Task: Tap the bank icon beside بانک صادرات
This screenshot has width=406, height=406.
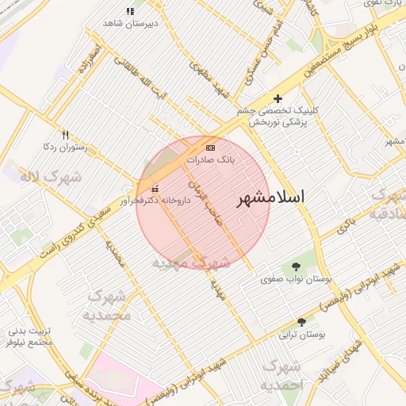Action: [x=210, y=148]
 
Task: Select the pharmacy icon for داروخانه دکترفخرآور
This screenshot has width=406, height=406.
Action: [x=154, y=189]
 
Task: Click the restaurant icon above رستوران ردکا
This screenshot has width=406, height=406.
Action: [x=66, y=135]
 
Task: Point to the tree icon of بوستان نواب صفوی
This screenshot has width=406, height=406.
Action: [x=297, y=267]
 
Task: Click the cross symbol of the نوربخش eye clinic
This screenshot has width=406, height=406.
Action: [x=277, y=98]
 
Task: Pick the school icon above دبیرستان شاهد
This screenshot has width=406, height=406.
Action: [x=130, y=11]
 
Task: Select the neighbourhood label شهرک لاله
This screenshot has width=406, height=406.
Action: [x=51, y=176]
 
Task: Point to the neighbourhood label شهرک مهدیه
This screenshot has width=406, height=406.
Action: [x=190, y=262]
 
